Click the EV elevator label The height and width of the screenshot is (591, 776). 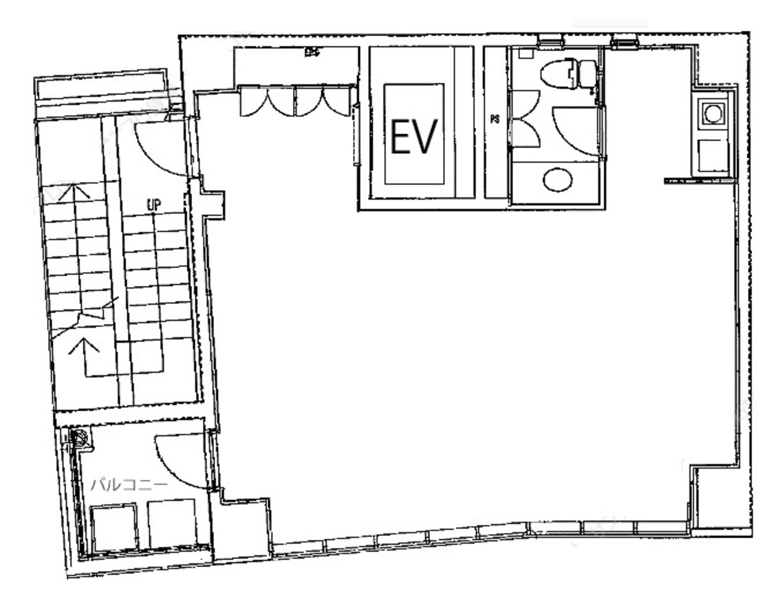415,136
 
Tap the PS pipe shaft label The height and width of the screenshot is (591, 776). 495,119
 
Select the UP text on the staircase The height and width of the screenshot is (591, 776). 153,204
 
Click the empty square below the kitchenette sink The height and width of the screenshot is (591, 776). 713,156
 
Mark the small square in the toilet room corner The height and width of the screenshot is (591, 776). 525,56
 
